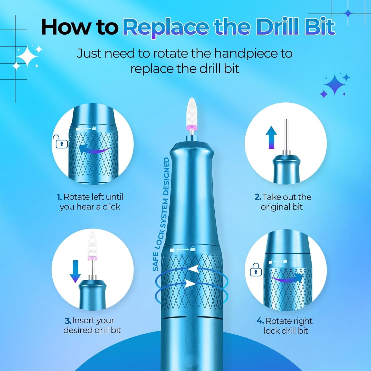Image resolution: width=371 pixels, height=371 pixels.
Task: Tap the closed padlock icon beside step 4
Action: point(256,270)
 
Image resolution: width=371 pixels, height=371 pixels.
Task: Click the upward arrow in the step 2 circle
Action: point(271,137)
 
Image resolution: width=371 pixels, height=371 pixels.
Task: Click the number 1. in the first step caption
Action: point(59,197)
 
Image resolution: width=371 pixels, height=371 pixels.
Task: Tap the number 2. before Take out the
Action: point(258,197)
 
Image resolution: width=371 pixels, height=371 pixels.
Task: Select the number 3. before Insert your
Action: point(68,321)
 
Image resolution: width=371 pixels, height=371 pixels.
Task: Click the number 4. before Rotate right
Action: point(260,321)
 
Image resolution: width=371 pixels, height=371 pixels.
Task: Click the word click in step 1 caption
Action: point(111,207)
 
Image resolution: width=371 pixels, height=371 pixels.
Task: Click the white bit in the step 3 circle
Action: point(91,244)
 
